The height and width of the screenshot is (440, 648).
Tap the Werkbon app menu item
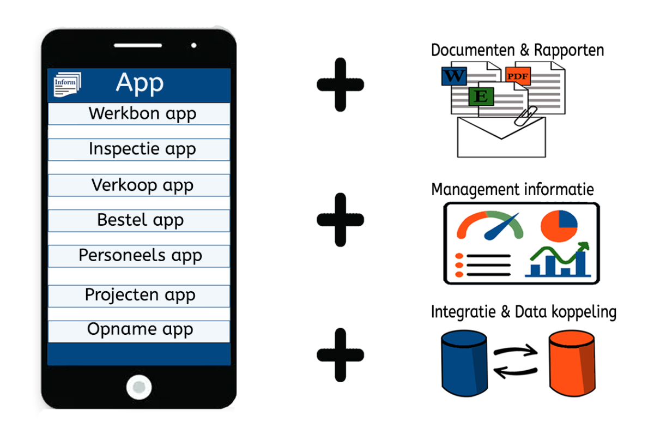click(139, 114)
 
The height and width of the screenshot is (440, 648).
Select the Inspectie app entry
click(139, 149)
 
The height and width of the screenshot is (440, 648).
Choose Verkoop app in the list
click(139, 185)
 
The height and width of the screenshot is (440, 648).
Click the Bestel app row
click(139, 220)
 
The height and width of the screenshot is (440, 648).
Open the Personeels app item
click(139, 256)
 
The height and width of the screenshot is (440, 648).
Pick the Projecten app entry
click(139, 296)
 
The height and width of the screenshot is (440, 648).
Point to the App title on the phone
click(140, 83)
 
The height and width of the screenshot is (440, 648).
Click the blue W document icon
click(454, 76)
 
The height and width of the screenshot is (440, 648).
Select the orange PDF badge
click(517, 76)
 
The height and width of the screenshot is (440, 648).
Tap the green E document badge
click(481, 97)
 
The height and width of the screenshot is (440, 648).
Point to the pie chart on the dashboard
click(559, 226)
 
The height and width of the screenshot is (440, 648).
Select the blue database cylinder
click(464, 363)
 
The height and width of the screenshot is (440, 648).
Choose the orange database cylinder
click(572, 363)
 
